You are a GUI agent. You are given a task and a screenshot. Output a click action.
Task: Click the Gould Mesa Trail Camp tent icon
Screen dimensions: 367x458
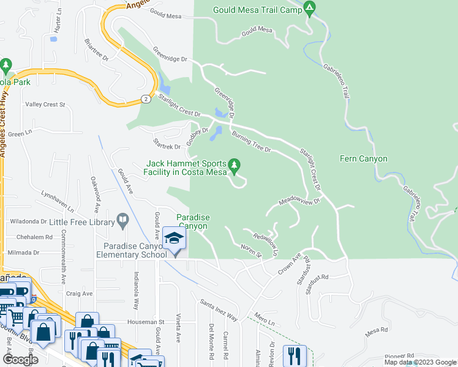(x=310, y=9)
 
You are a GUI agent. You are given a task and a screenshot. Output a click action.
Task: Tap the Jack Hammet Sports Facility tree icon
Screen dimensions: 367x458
(x=233, y=165)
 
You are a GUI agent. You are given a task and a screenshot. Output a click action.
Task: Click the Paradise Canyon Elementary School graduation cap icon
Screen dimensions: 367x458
(x=174, y=238)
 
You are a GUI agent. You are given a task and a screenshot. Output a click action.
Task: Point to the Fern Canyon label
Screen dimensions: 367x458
(x=364, y=159)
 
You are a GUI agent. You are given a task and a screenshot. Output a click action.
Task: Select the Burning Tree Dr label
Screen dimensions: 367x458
(x=250, y=142)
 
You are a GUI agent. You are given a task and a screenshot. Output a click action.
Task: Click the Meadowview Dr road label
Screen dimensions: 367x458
(x=300, y=201)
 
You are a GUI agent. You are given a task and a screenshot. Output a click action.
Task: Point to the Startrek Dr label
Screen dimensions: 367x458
(x=167, y=147)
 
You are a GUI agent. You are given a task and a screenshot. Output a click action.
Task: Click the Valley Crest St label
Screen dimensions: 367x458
(x=45, y=105)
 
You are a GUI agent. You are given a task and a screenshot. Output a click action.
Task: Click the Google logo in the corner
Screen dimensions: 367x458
(x=20, y=359)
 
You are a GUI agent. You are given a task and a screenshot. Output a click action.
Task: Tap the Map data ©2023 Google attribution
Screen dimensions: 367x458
(x=420, y=362)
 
